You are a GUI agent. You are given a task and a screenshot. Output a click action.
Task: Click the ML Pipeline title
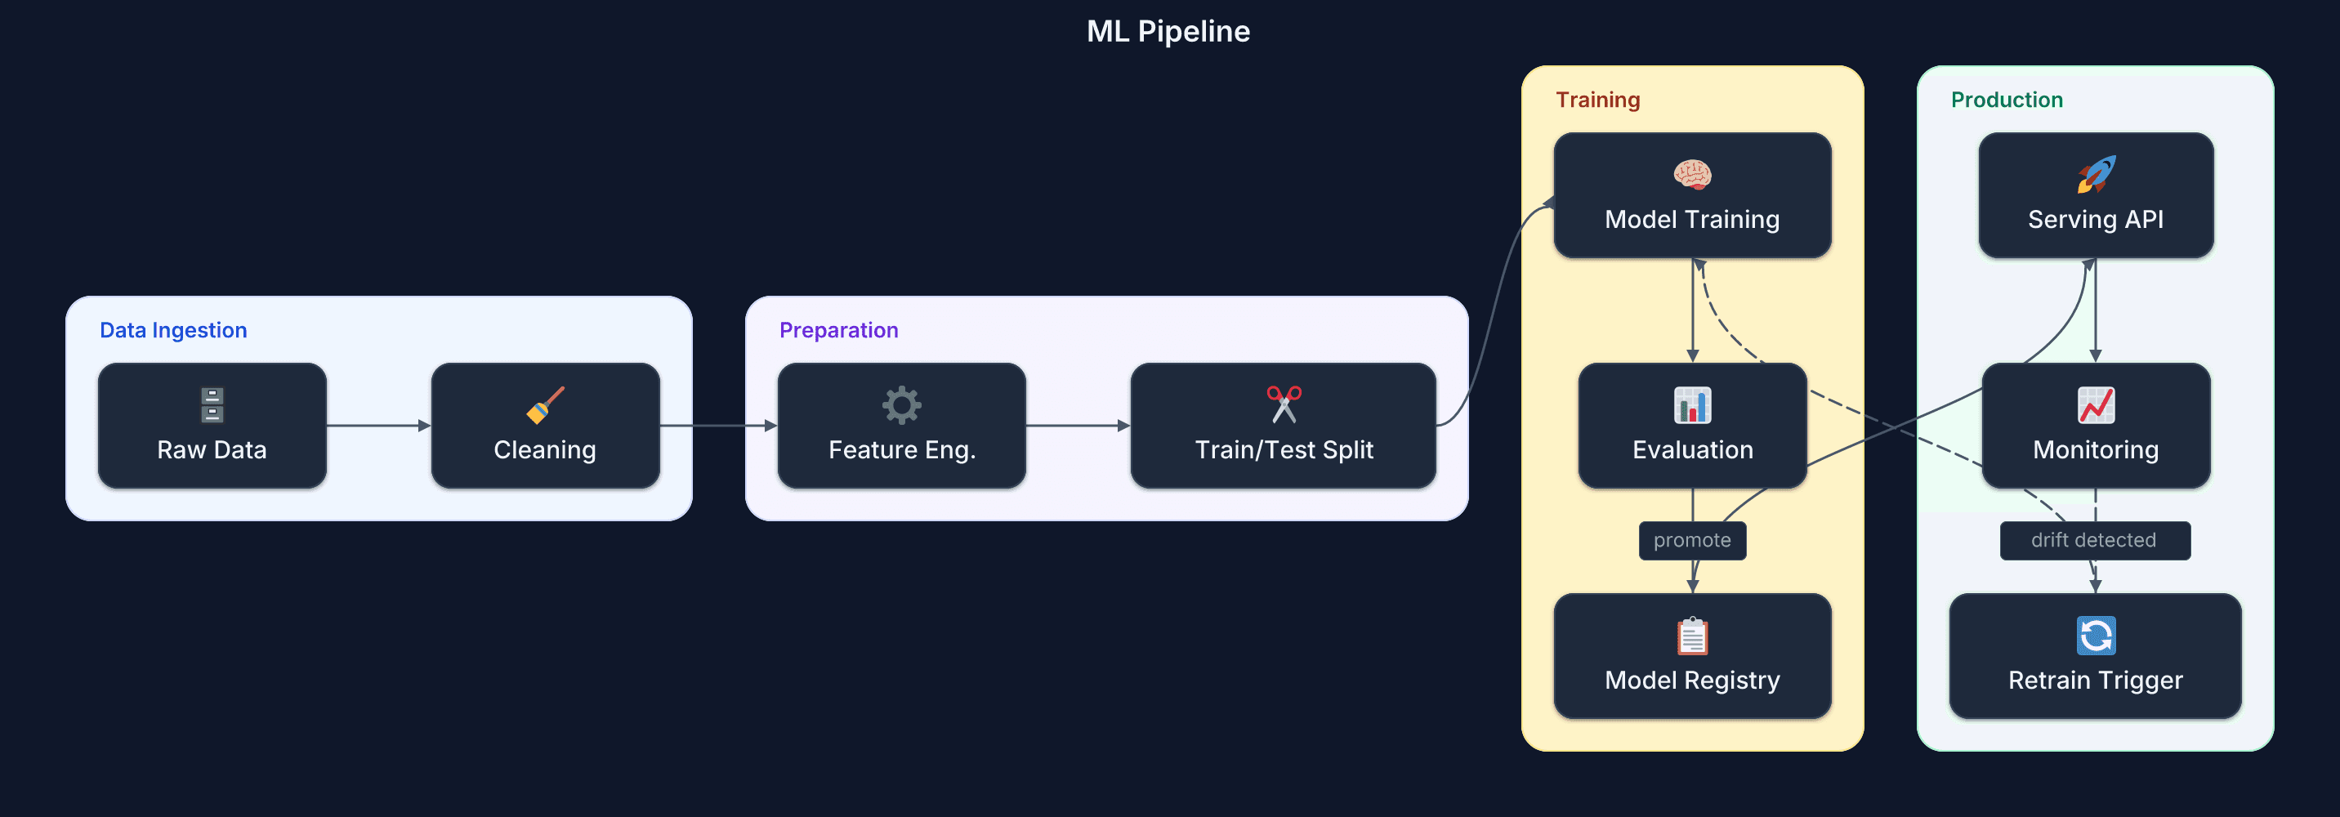(x=1168, y=32)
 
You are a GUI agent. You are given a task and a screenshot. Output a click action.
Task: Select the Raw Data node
(x=212, y=426)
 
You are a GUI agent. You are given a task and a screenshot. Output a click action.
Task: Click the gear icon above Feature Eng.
(x=901, y=405)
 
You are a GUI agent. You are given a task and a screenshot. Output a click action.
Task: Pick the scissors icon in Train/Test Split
(x=1284, y=404)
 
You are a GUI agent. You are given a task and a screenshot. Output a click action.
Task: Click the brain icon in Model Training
(x=1691, y=175)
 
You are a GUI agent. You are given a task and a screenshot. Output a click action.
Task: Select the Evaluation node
(x=1691, y=426)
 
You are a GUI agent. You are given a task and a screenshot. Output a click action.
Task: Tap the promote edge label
(x=1691, y=541)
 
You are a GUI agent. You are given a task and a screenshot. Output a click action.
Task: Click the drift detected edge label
(x=2094, y=541)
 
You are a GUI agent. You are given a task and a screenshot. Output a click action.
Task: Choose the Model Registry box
(x=1691, y=656)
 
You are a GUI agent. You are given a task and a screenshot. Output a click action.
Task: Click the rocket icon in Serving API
(x=2095, y=175)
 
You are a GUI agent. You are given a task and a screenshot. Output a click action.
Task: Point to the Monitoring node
(x=2095, y=426)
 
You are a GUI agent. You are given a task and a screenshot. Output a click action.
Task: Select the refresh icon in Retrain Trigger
(x=2095, y=636)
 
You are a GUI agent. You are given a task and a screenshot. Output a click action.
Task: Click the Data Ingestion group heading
(x=173, y=330)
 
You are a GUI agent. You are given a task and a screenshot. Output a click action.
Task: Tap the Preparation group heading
(x=838, y=330)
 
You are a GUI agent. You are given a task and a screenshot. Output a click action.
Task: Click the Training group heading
(x=1597, y=100)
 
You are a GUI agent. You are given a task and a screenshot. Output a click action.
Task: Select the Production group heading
(x=2006, y=100)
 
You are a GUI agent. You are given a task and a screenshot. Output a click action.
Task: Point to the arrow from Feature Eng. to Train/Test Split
(x=1078, y=426)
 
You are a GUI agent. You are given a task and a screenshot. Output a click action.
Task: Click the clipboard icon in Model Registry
(x=1691, y=636)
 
